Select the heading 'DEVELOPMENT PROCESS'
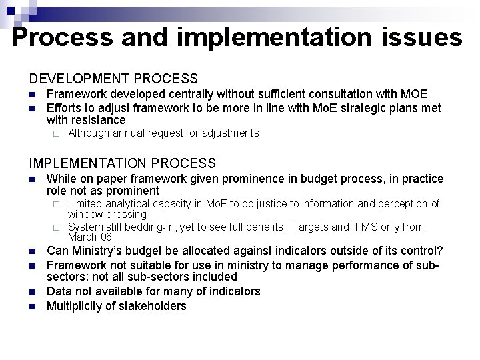click(x=113, y=79)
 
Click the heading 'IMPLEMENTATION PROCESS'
click(x=123, y=163)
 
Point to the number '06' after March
click(x=105, y=237)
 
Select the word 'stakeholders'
click(x=153, y=306)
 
